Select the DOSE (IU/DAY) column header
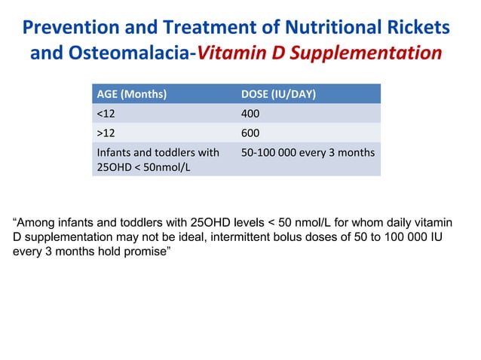tap(278, 95)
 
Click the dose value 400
tap(250, 114)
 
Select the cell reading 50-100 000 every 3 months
tap(308, 153)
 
